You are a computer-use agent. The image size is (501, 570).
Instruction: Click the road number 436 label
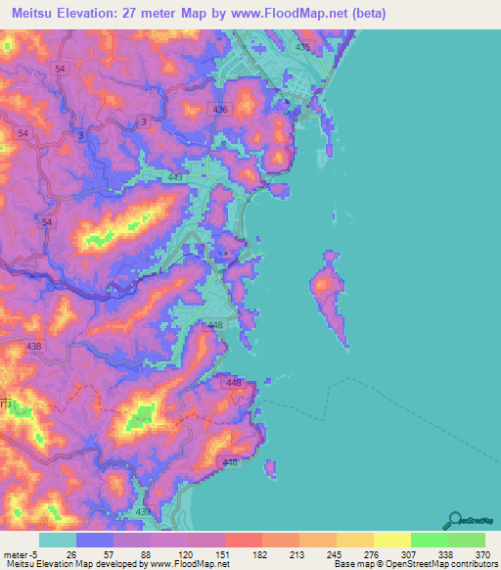[220, 110]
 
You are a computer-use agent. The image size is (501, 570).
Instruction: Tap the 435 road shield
[302, 47]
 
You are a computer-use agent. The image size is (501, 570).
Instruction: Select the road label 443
[176, 177]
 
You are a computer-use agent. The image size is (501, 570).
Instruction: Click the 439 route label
[143, 511]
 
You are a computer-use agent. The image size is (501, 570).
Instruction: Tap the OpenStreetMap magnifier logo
[455, 520]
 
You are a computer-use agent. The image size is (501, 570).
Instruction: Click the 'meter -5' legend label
[19, 553]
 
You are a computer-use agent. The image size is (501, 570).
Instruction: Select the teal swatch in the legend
[58, 540]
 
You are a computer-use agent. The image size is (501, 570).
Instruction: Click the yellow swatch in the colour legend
[392, 540]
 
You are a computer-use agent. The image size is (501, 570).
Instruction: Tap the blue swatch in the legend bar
[95, 540]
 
